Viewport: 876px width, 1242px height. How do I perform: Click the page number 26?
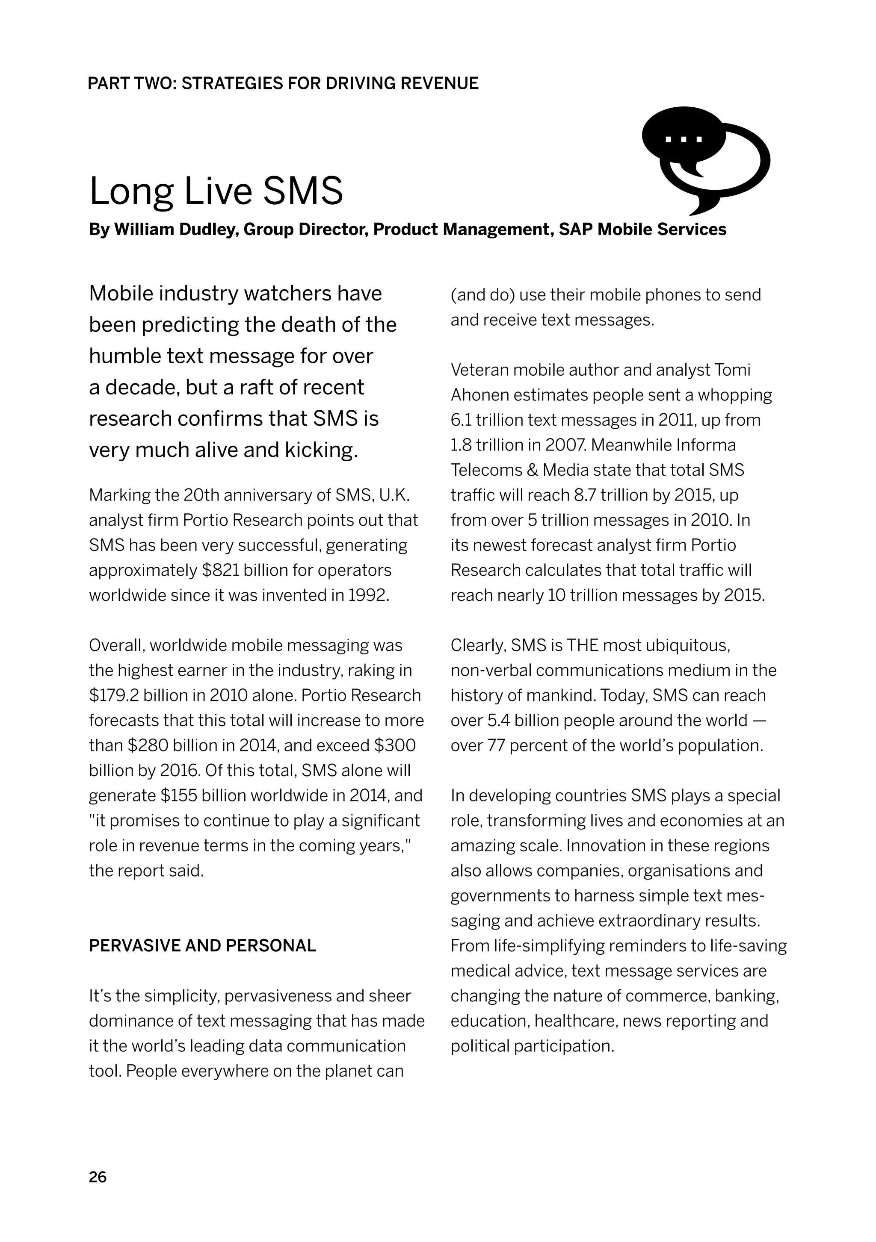(x=98, y=1177)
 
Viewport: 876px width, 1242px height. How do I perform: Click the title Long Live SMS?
(x=216, y=191)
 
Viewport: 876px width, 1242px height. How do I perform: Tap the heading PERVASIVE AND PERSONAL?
(x=202, y=945)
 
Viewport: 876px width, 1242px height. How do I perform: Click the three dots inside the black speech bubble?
(x=683, y=139)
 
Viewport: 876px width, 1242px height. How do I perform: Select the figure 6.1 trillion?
(x=487, y=420)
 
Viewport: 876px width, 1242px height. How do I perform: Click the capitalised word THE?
(x=583, y=645)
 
